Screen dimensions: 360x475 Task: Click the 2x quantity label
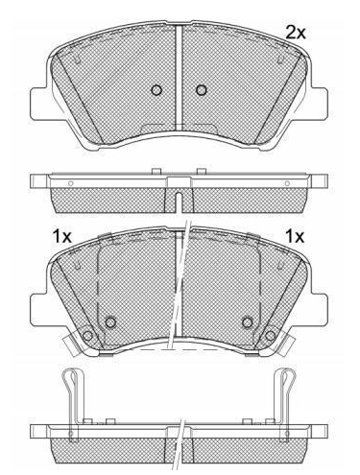click(x=296, y=33)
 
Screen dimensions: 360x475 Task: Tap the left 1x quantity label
click(x=62, y=237)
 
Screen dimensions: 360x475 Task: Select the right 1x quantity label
click(x=295, y=237)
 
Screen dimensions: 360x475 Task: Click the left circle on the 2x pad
click(x=156, y=90)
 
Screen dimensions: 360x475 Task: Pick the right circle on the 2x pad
click(x=202, y=90)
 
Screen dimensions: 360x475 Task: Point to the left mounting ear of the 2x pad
click(x=40, y=104)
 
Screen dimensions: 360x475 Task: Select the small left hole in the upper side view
click(x=71, y=183)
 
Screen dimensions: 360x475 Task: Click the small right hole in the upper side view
click(x=287, y=183)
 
